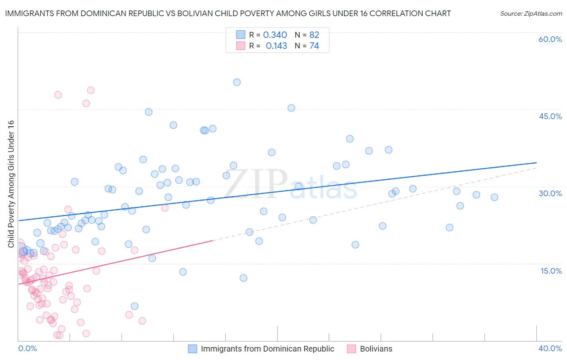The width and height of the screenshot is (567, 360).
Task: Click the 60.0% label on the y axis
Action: coord(550,39)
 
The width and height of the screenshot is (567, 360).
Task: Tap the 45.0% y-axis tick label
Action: coord(550,116)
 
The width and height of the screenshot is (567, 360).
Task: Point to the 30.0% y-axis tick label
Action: coord(550,193)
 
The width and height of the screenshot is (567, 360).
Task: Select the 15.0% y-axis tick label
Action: coord(551,271)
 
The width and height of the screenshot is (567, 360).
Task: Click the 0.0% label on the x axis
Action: coord(27,348)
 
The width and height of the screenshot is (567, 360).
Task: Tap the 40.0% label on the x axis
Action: coord(550,348)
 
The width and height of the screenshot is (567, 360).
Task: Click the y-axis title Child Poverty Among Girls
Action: coord(11,184)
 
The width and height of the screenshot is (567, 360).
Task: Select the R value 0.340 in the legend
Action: coord(275,35)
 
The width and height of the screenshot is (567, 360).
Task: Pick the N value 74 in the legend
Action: coord(314,46)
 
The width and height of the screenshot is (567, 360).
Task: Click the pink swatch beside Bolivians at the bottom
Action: coord(351,349)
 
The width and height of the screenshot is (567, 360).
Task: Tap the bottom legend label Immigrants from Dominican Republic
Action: coord(267,349)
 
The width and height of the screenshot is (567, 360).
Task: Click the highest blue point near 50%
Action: coord(237,82)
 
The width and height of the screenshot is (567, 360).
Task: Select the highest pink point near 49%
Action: coord(91,90)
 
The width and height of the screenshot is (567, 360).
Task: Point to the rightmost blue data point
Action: coord(494,197)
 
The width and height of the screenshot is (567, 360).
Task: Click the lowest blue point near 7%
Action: coord(135,306)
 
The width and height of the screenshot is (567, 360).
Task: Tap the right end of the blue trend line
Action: coord(536,163)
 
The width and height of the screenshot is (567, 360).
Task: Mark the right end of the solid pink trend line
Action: coord(213,241)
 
